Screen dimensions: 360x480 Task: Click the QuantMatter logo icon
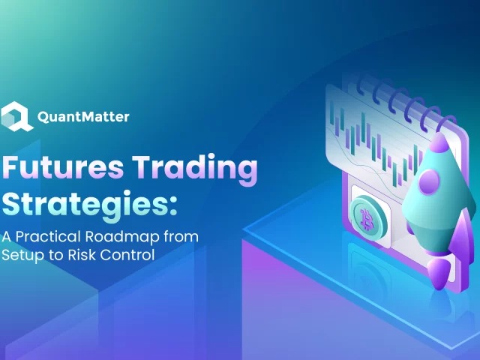click(x=16, y=117)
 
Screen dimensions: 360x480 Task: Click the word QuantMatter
click(x=83, y=118)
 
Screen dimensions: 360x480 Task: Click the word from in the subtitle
click(x=182, y=237)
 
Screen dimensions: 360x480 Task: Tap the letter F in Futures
click(x=13, y=169)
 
